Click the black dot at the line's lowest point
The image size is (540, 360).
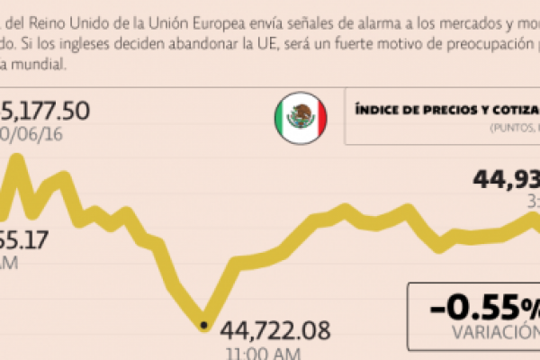[x=203, y=324]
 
